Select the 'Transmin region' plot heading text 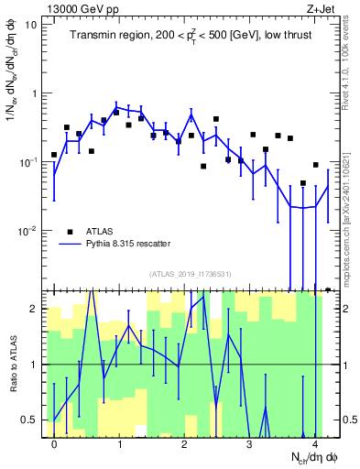pyautogui.click(x=189, y=36)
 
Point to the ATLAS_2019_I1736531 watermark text pyautogui.click(x=189, y=274)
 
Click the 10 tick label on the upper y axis pyautogui.click(x=30, y=25)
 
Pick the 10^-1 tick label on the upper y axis pyautogui.click(x=27, y=162)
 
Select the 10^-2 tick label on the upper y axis pyautogui.click(x=27, y=231)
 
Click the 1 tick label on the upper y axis pyautogui.click(x=35, y=93)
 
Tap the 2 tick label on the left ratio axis pyautogui.click(x=35, y=309)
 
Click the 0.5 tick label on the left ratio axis pyautogui.click(x=30, y=420)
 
